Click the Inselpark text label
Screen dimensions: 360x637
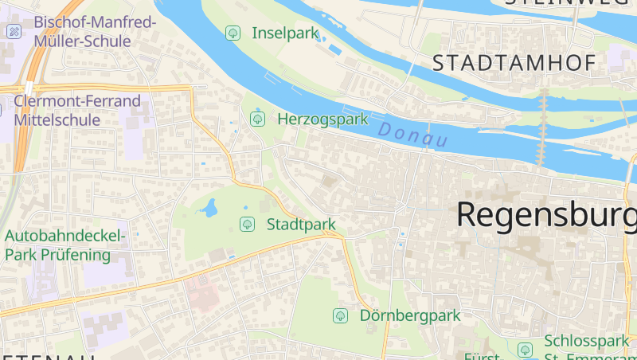pyautogui.click(x=285, y=33)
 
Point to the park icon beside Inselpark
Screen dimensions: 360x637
pyautogui.click(x=233, y=33)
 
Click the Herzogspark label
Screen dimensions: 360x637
pyautogui.click(x=322, y=119)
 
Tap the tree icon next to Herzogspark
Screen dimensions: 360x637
pyautogui.click(x=257, y=119)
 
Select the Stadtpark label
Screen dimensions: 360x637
pyautogui.click(x=301, y=224)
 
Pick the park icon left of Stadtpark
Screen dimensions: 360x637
pyautogui.click(x=247, y=224)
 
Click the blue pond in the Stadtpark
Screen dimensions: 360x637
pyautogui.click(x=210, y=209)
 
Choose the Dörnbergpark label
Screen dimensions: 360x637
pyautogui.click(x=410, y=315)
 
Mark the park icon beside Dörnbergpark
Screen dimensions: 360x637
pyautogui.click(x=340, y=315)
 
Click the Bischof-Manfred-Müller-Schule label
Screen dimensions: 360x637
pyautogui.click(x=95, y=31)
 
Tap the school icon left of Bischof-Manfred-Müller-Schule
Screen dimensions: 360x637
pyautogui.click(x=14, y=32)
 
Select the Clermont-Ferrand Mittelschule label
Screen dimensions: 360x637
pyautogui.click(x=76, y=111)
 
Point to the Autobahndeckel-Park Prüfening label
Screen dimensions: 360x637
pyautogui.click(x=65, y=245)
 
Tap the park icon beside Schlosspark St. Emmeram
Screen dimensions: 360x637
pyautogui.click(x=525, y=349)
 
